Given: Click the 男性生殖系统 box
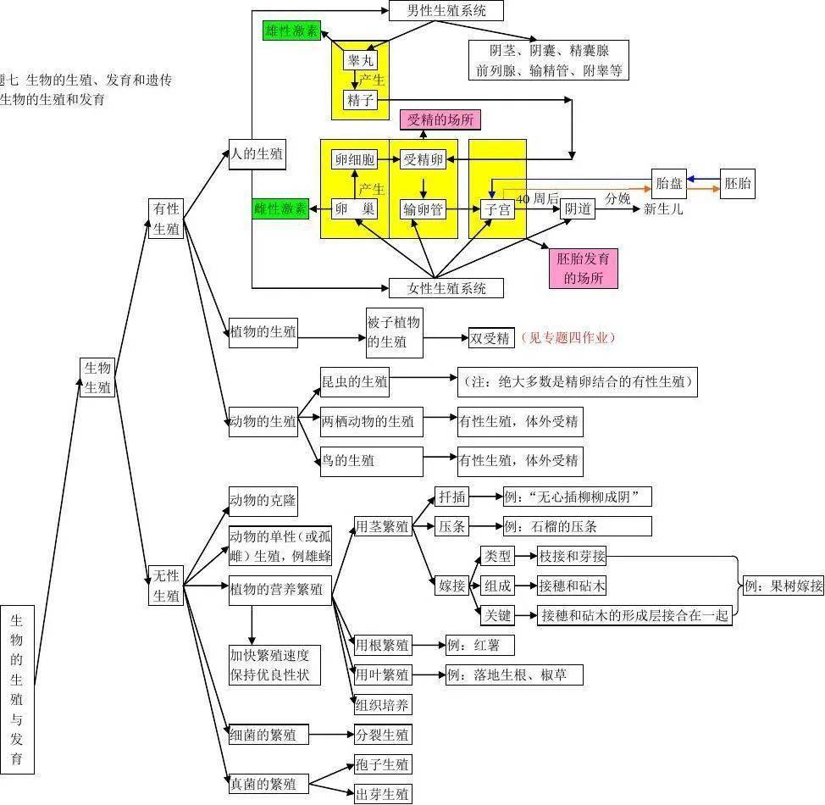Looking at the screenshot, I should pos(446,10).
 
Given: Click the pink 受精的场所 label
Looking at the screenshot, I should pos(440,119).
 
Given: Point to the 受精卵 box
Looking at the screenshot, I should pos(423,159).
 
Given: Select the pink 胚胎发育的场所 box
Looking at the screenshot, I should pos(583,268).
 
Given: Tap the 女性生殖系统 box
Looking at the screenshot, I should pos(446,288).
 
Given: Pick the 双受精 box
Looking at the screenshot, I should pos(491,338).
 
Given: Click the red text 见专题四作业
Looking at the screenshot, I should pos(567,338).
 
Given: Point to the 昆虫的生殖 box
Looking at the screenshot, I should pos(355,382).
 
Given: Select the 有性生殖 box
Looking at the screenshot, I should pos(166,219).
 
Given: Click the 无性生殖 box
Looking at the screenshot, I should pos(166,586).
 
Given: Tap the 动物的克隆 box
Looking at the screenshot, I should pos(263,501).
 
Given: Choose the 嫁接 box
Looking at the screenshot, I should pos(451,586).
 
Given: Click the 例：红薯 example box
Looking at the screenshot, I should pos(479,646).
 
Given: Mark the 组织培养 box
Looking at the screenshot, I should pos(383,703).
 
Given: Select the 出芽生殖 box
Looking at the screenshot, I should pos(383,794).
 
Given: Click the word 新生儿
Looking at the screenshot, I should pos(663,208).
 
